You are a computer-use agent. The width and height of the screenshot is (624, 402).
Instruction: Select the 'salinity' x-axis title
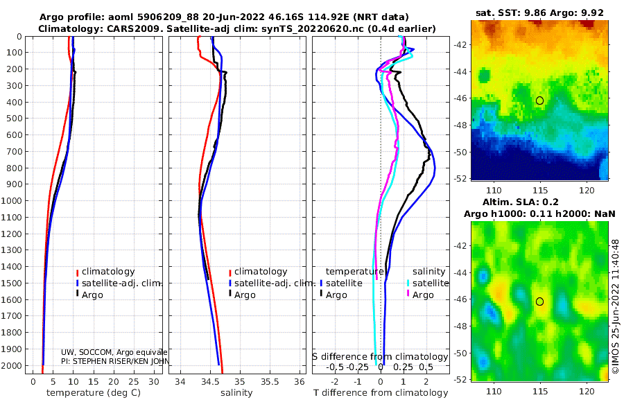tap(236, 393)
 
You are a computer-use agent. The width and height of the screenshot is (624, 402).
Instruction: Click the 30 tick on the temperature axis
tap(153, 381)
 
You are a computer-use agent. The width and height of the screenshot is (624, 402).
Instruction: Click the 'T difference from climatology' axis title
tap(381, 393)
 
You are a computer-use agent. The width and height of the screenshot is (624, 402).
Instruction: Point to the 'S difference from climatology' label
tap(380, 356)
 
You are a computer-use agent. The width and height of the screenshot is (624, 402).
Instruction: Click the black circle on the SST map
tap(539, 101)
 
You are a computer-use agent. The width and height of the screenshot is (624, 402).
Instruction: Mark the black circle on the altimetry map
tap(539, 301)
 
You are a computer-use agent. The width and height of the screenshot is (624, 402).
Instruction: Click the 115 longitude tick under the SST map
tap(540, 189)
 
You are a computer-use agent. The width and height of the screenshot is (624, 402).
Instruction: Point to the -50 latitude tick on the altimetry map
tap(461, 353)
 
